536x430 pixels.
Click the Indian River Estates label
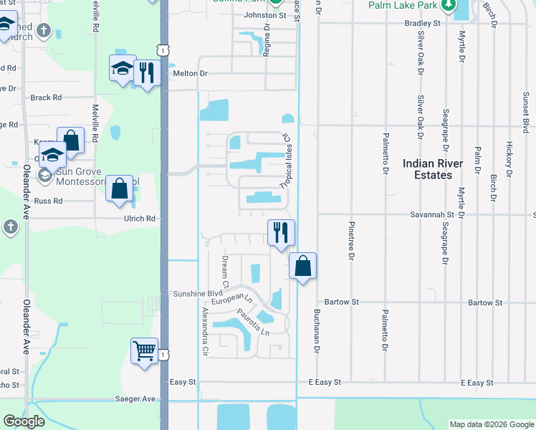pyautogui.click(x=432, y=169)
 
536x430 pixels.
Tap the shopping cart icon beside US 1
pyautogui.click(x=144, y=352)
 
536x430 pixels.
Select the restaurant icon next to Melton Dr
pyautogui.click(x=146, y=72)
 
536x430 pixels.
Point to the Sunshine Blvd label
pyautogui.click(x=198, y=294)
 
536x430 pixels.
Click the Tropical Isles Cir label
pyautogui.click(x=287, y=161)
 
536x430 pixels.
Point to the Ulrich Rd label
pyautogui.click(x=140, y=219)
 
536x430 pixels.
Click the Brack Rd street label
pyautogui.click(x=46, y=97)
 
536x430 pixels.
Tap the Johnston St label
pyautogui.click(x=264, y=14)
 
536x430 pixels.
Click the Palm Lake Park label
pyautogui.click(x=402, y=5)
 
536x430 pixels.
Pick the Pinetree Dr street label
pyautogui.click(x=351, y=244)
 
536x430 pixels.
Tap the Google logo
pyautogui.click(x=24, y=421)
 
